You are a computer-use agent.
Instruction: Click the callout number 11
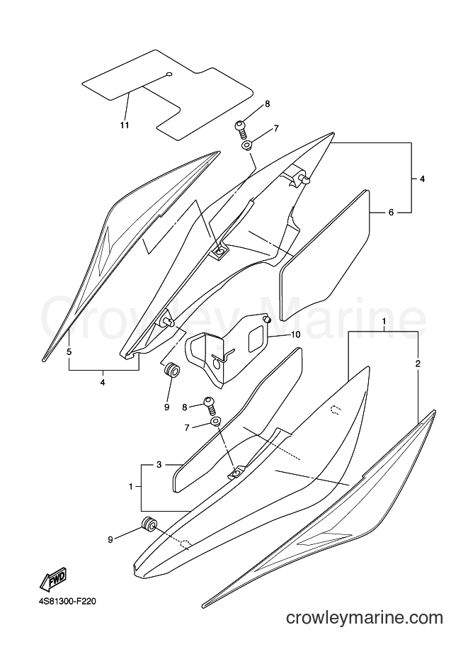pos(125,125)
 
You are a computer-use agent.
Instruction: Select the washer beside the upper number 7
pos(246,146)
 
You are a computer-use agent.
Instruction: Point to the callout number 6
pos(391,213)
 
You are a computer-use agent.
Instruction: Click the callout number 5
pos(69,352)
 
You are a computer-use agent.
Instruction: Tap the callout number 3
pos(159,465)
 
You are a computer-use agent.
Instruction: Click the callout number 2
pos(418,364)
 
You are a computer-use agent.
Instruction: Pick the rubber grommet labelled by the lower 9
pos(149,524)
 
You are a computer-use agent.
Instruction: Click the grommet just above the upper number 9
pos(172,370)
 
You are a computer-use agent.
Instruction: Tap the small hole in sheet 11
pos(169,74)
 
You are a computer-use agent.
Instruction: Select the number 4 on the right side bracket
pos(422,179)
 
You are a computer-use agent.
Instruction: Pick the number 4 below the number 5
pos(102,383)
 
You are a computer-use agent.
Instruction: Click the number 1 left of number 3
pos(131,487)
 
